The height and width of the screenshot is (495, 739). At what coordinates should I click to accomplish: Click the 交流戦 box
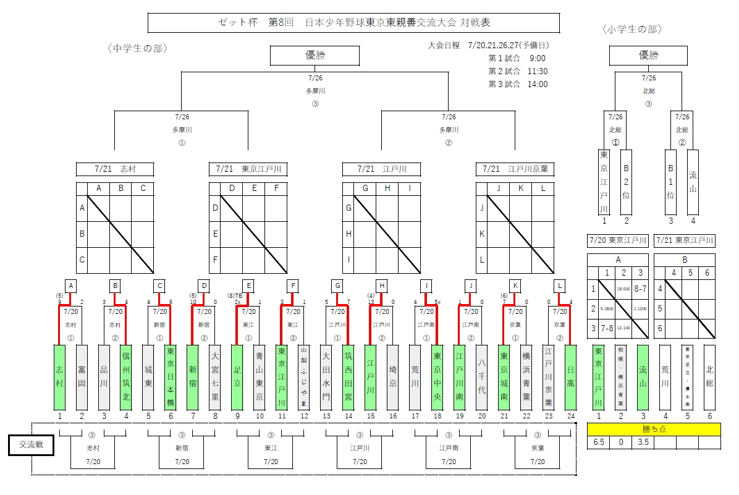coord(32,445)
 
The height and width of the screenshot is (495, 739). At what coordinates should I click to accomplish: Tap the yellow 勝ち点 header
coord(654,429)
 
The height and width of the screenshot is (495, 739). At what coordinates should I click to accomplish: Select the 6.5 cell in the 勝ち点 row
coord(598,442)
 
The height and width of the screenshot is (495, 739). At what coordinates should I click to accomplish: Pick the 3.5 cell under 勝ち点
coord(643,442)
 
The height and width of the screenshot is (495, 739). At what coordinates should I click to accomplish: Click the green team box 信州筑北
coord(126,377)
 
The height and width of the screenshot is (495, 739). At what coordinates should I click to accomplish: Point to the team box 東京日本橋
coord(171,377)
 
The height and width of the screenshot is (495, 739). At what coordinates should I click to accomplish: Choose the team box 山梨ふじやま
coord(304,377)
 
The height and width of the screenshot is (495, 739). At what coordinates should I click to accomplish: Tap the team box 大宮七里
coord(215,377)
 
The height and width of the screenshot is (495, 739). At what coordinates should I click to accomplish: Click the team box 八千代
coord(482,377)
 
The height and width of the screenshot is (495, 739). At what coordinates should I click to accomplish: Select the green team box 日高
coord(571,377)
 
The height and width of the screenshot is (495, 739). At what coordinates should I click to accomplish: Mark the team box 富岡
coord(82,377)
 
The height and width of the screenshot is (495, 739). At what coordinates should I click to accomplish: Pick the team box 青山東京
coord(260,377)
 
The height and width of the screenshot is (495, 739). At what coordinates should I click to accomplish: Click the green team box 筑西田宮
coord(348,377)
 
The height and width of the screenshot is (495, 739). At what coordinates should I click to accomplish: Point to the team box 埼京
coord(393,377)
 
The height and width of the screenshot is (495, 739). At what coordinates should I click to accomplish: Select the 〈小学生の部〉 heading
coord(631,29)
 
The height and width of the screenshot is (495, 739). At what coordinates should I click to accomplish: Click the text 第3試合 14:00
coord(518,84)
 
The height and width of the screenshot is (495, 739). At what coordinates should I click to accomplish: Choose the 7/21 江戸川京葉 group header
coord(515,169)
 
